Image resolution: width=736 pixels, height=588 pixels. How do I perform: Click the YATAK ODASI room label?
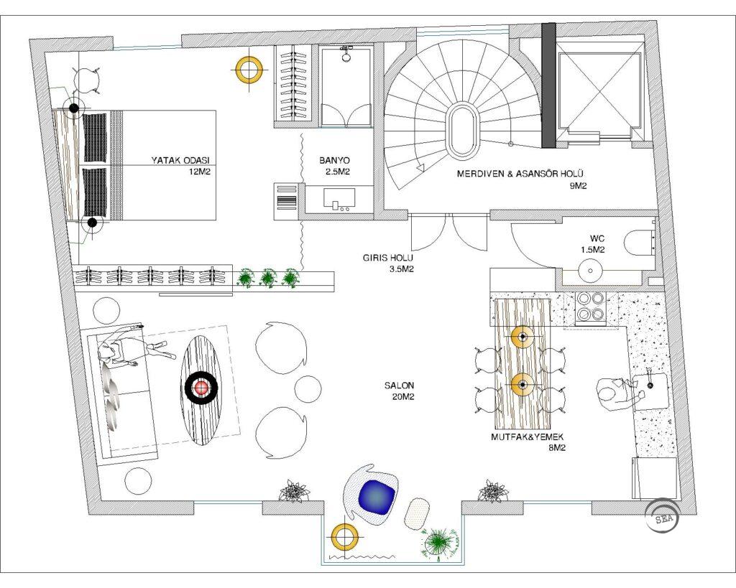point(180,160)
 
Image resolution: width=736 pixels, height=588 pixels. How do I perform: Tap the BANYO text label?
point(334,160)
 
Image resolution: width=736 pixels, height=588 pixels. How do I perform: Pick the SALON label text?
point(400,386)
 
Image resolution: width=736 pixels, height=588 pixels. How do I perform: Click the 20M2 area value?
point(402,397)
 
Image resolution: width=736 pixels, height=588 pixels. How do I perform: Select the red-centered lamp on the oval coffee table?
point(201,387)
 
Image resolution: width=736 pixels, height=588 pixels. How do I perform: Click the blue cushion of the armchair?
point(376,498)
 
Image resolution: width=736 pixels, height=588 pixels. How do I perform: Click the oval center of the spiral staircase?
point(462,131)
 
